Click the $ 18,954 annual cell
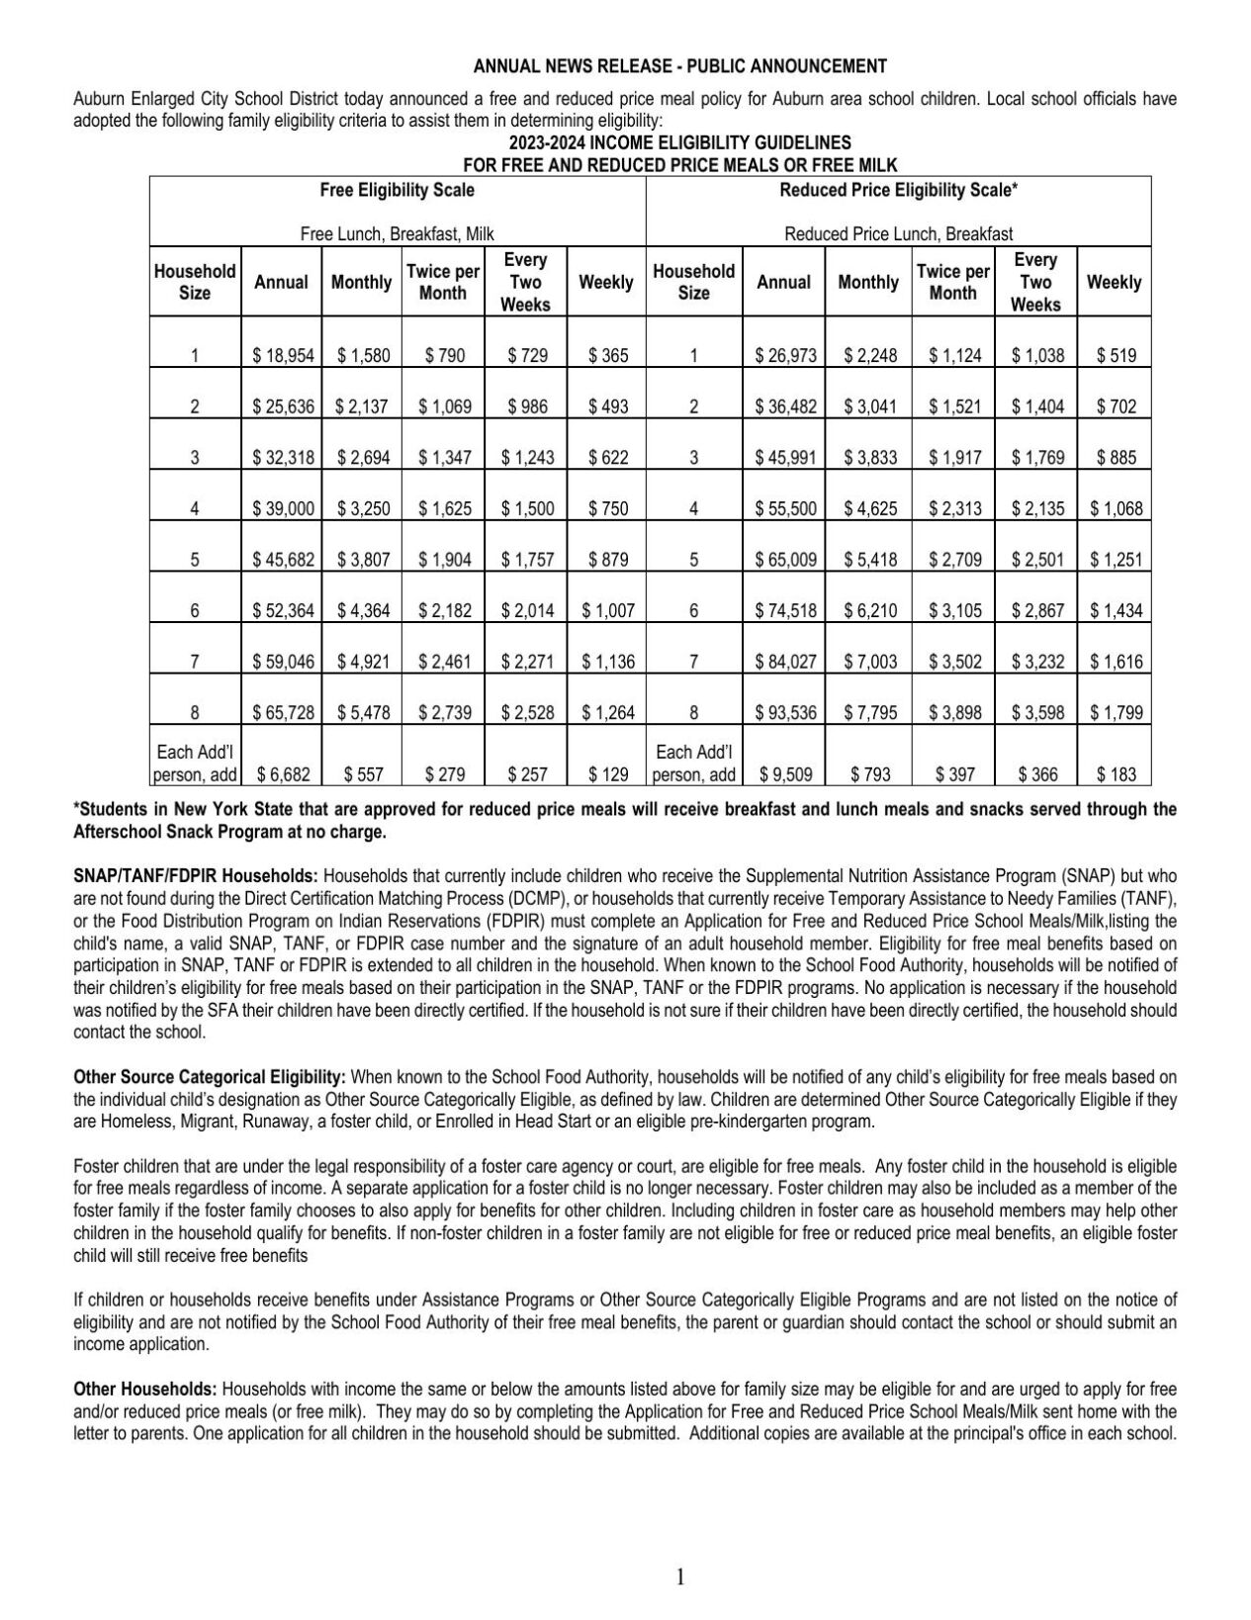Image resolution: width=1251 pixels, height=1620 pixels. pos(283,355)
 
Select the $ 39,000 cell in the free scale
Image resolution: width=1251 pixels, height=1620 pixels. pos(283,508)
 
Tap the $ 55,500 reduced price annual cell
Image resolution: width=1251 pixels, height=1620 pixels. pos(785,508)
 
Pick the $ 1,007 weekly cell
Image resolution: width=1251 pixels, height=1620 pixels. pos(607,610)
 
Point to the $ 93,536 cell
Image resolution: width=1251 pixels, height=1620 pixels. pos(785,712)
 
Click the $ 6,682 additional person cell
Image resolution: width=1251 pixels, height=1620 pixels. pos(283,775)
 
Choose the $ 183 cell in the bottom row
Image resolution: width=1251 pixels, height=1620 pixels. pos(1116,775)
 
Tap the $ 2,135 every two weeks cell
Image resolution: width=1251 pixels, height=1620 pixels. pos(1036,508)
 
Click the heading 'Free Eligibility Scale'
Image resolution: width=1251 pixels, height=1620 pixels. pos(397,190)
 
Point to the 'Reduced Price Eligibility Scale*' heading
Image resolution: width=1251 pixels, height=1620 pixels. pos(898,190)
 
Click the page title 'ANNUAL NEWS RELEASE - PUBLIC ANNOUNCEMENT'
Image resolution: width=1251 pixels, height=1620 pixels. pos(679,66)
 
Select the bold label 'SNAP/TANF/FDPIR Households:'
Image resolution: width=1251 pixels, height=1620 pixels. pos(196,875)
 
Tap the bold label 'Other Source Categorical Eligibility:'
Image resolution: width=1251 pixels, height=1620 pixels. pos(210,1076)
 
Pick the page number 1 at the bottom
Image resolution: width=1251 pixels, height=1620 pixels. pos(679,1576)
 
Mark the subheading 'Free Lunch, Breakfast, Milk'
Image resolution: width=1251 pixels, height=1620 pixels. pos(397,234)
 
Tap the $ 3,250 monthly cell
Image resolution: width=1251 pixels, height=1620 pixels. pos(363,508)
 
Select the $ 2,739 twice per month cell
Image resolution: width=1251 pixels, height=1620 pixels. pos(444,712)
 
